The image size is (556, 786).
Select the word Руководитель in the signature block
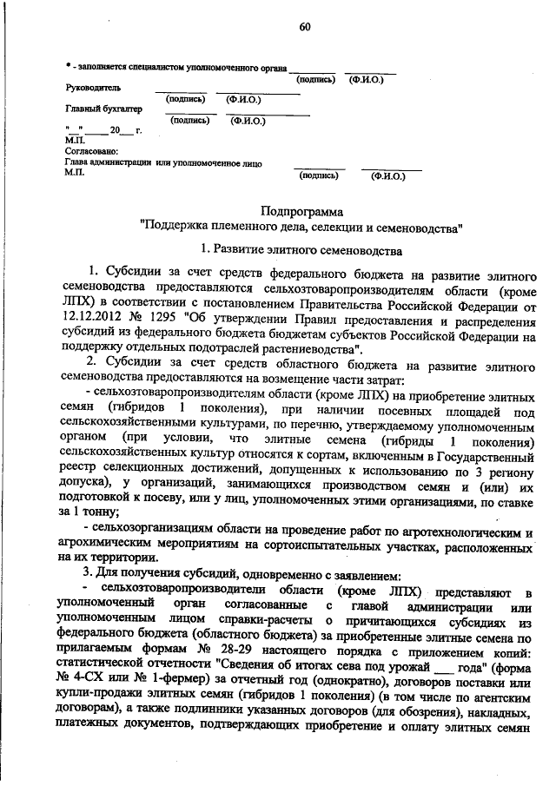[x=92, y=88]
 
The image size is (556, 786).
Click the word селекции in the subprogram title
[x=335, y=228]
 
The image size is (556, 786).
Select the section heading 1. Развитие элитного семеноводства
[x=301, y=251]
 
